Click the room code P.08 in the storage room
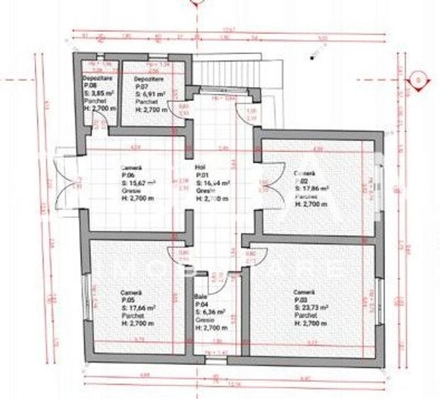pyautogui.click(x=89, y=85)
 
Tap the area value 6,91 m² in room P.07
pyautogui.click(x=150, y=94)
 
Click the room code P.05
pyautogui.click(x=127, y=301)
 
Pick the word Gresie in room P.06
pyautogui.click(x=130, y=189)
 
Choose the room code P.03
pyautogui.click(x=300, y=300)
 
